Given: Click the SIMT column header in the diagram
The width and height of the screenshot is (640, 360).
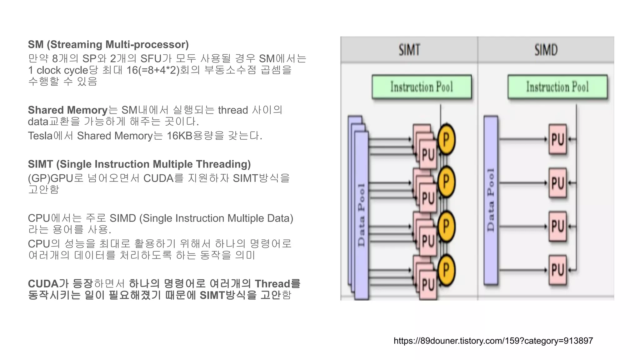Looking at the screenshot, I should [x=409, y=50].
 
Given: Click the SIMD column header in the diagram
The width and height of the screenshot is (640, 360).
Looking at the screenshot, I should [x=546, y=50].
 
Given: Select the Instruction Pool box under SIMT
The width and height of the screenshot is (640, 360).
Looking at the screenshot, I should [x=422, y=87].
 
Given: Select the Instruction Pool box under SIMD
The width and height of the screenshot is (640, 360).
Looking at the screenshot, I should [x=557, y=87].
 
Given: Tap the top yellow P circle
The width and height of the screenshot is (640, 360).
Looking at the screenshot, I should [x=446, y=139].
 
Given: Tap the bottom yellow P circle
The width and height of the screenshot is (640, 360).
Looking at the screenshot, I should [x=446, y=270].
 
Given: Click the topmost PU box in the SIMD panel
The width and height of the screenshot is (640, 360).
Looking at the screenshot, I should [x=558, y=139].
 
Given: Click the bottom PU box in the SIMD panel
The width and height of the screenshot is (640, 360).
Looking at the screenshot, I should [x=558, y=270].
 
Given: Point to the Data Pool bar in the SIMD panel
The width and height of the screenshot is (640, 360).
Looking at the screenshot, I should [x=491, y=200].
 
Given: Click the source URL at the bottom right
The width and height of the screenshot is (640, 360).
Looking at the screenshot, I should [x=493, y=341].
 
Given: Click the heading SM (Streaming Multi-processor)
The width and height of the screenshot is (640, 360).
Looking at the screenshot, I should [x=108, y=45].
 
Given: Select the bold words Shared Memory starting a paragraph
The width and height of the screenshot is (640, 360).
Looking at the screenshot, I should [x=67, y=110].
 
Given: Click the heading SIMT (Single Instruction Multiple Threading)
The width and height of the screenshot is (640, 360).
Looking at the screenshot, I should [x=139, y=164].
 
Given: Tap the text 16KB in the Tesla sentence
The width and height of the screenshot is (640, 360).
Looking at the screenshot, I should [x=179, y=136].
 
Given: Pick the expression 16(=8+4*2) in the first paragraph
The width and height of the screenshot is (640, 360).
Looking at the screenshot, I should [x=153, y=70].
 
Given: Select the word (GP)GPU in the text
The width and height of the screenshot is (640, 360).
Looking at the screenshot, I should [x=50, y=178].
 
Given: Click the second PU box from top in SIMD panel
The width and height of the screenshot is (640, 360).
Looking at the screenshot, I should [x=558, y=183].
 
